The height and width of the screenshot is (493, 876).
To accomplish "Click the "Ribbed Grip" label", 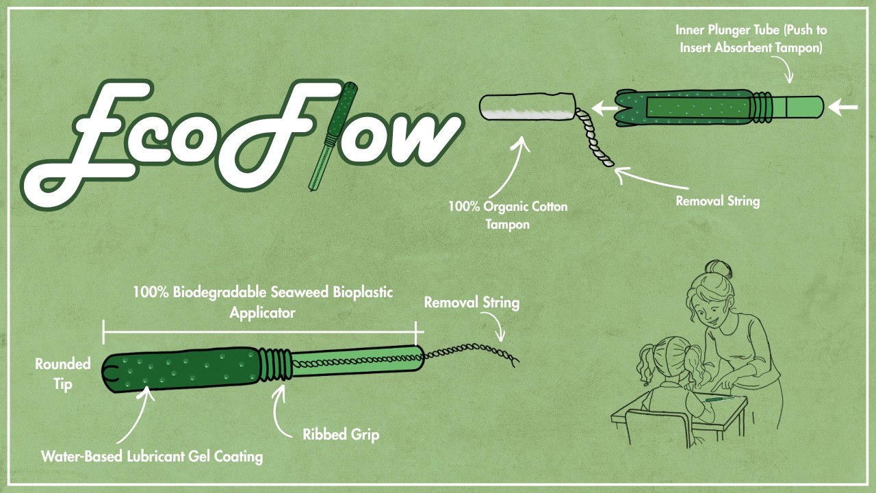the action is tap(341, 435).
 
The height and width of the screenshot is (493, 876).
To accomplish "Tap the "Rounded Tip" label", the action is tap(62, 374).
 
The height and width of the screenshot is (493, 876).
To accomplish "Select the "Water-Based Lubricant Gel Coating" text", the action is tap(152, 456).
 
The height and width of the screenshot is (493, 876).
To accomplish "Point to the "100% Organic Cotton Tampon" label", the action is tap(508, 215).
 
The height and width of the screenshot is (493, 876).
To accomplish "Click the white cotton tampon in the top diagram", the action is tap(527, 106).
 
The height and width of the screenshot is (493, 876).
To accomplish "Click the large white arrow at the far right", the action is tap(843, 107).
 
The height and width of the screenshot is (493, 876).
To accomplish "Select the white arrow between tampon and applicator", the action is tap(605, 108).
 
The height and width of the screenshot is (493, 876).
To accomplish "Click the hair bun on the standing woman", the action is tap(719, 270).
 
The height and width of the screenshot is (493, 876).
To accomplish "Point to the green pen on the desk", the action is tap(719, 400).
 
